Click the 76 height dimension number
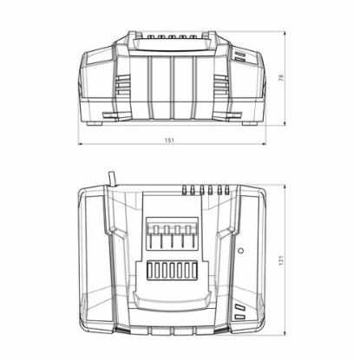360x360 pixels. tap(294, 80)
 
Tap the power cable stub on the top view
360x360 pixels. tap(111, 180)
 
